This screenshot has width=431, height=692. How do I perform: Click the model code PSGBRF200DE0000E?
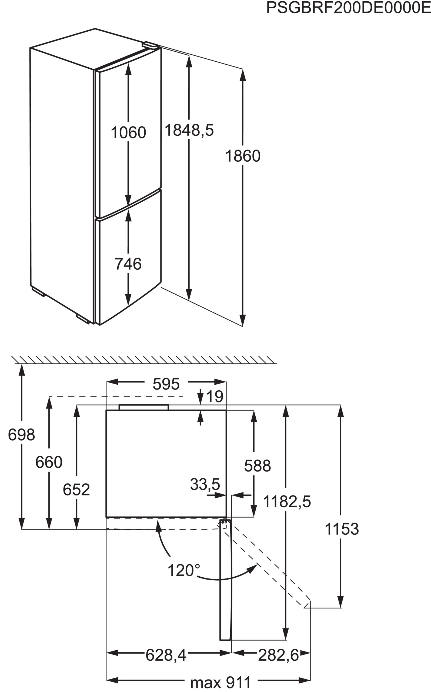tap(348, 8)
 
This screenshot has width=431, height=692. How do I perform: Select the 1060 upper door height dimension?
tap(128, 132)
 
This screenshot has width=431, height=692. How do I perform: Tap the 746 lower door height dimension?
tap(128, 264)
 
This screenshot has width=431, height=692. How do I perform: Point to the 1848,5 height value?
tap(189, 130)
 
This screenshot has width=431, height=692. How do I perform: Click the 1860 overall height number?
tap(243, 156)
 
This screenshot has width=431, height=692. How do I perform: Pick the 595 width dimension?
tap(166, 384)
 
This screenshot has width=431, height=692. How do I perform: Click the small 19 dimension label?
tap(214, 396)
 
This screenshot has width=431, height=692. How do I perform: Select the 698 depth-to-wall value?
tap(21, 435)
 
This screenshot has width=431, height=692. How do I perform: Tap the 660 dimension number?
tap(49, 462)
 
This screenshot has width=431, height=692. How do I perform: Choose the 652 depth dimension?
tap(76, 490)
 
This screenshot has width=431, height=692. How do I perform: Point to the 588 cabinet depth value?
tap(257, 466)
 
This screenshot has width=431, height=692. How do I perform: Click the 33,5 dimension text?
tap(205, 484)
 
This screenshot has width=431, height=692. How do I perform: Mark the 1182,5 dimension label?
tap(287, 501)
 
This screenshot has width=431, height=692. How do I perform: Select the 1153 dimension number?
tap(342, 529)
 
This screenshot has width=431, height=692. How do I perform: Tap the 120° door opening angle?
tap(183, 570)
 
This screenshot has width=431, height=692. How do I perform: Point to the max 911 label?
tap(220, 681)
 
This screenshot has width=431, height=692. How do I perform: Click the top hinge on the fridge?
tap(150, 45)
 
